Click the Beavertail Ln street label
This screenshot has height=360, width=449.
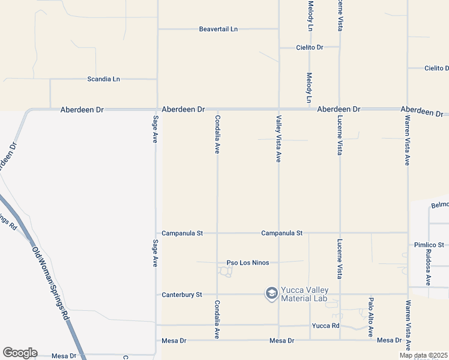[x=218, y=29]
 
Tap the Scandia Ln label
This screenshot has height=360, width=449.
[x=104, y=79]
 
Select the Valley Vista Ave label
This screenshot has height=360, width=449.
[x=279, y=139]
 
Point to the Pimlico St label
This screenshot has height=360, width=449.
[x=429, y=245]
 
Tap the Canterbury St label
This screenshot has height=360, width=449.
[x=182, y=295]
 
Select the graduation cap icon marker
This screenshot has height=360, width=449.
[x=271, y=293]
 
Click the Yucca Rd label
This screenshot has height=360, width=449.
[x=326, y=326]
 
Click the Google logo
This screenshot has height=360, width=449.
[x=20, y=353]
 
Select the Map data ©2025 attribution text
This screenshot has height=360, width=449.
[x=424, y=355]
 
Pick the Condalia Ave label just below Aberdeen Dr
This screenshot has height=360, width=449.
[x=217, y=134]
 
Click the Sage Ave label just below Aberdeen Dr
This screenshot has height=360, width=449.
[x=155, y=129]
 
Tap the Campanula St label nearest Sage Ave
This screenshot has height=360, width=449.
[x=182, y=233]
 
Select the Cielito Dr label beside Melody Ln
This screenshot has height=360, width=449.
[x=310, y=47]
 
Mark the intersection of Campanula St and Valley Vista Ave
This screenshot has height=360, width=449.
[x=279, y=233]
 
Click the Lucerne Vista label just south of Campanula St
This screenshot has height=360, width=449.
[x=340, y=259]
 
